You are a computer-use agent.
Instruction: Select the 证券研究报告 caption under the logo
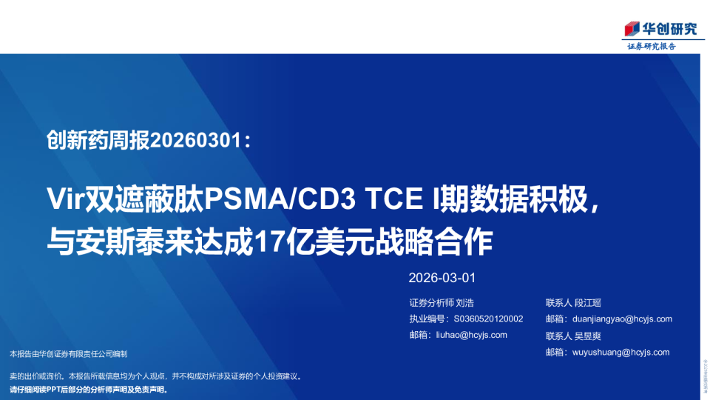click(x=652, y=46)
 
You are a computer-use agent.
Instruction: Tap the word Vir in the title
click(x=65, y=199)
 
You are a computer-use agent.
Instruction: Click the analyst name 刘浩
click(x=464, y=302)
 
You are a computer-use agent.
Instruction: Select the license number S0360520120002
click(x=488, y=319)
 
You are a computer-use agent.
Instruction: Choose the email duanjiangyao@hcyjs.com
click(x=622, y=319)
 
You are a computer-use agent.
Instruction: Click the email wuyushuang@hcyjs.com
click(x=621, y=352)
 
